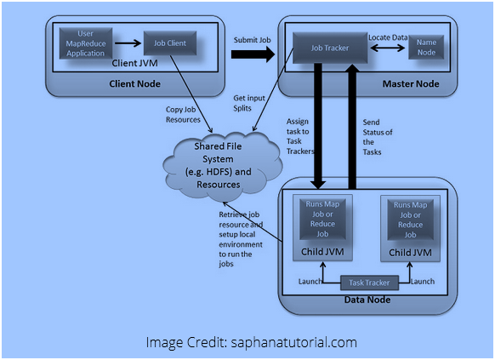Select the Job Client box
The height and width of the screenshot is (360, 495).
tap(169, 43)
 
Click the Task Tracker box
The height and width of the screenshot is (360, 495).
tap(367, 283)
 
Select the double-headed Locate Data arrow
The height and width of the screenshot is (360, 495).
tap(388, 49)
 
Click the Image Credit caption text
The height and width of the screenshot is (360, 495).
tap(251, 342)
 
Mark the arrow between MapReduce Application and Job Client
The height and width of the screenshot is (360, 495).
tap(128, 42)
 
